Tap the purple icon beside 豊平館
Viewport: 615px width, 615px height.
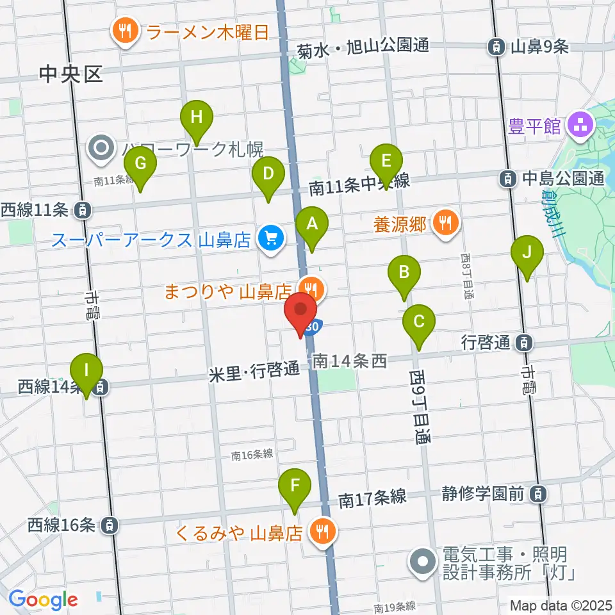[x=582, y=124]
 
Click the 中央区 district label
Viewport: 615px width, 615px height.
[x=70, y=75]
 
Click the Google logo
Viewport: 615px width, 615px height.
[x=44, y=600]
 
